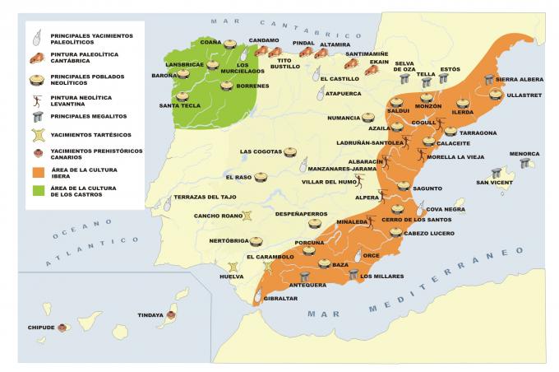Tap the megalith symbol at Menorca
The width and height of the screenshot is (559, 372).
(525, 163)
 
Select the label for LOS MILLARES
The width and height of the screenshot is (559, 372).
(381, 277)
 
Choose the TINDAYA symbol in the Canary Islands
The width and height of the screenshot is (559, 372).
(172, 314)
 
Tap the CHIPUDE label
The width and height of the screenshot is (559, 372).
(39, 327)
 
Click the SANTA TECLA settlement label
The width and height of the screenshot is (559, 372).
(180, 105)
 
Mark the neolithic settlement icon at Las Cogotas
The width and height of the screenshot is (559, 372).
(290, 151)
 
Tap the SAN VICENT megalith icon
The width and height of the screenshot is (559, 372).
(496, 173)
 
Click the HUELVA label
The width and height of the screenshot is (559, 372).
(232, 277)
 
